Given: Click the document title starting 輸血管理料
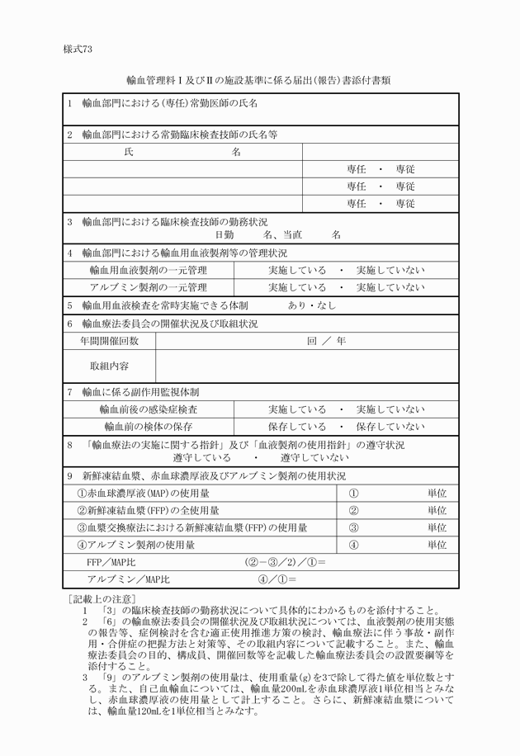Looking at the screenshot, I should coord(259,81).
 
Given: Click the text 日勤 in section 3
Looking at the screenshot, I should coord(225,234).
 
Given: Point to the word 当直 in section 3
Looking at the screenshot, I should coord(292,234).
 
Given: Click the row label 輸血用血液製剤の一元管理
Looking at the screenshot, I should coord(149,270).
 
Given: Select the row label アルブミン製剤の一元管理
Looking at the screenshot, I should coord(149,287).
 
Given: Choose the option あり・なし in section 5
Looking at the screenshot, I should coord(312,305).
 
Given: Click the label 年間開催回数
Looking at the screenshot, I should coord(109,340).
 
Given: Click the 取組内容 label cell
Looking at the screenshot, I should coord(109,366).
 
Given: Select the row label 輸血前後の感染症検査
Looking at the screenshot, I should coord(149,409).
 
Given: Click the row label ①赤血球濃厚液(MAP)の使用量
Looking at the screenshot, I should coord(135,493).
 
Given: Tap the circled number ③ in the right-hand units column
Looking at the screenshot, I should coord(353,527).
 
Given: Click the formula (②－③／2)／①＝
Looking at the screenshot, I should coord(285,562).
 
